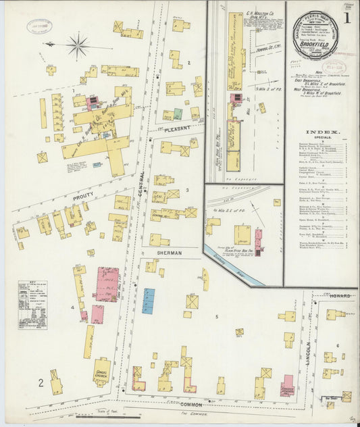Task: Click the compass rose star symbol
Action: (x=78, y=46)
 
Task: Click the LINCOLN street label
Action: (x=309, y=351)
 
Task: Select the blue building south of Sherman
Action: (x=148, y=301)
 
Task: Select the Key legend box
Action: (x=32, y=305)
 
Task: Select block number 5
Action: (x=217, y=316)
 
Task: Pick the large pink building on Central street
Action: (x=107, y=284)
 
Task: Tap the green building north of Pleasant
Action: (x=178, y=114)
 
